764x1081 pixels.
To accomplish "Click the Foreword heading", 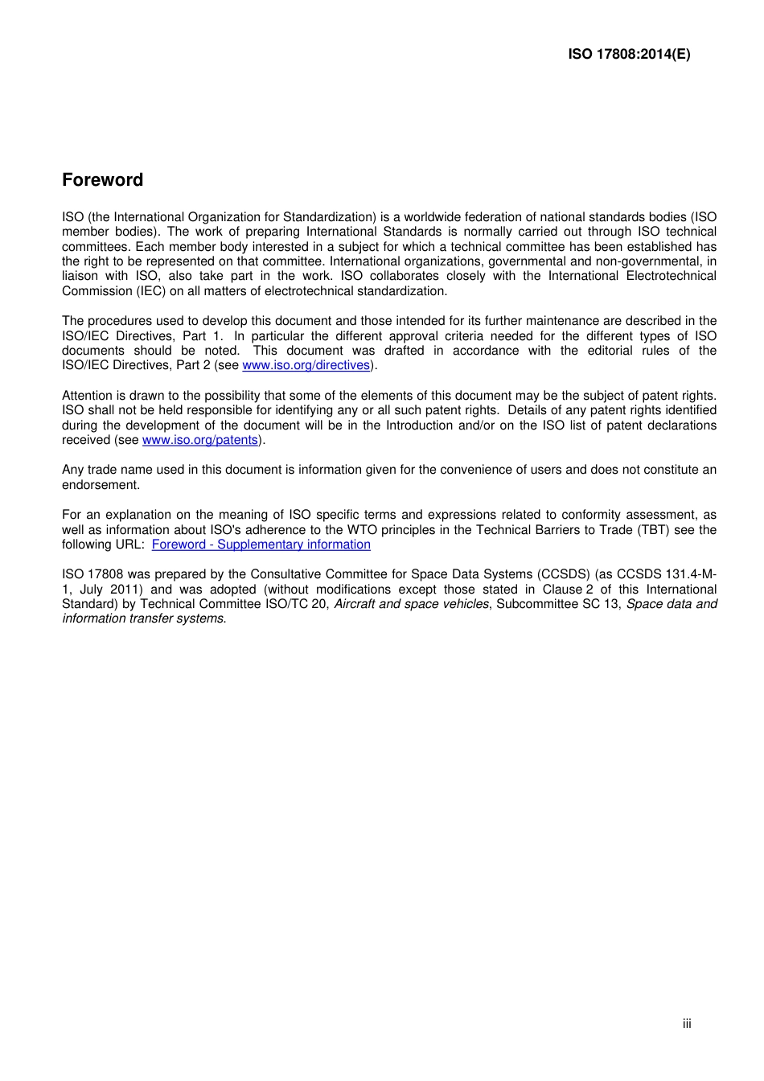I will pyautogui.click(x=102, y=180).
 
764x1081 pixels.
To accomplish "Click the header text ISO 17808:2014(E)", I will pyautogui.click(x=628, y=55).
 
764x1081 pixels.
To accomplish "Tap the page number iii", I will pyautogui.click(x=687, y=1024).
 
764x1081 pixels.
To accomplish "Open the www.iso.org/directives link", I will pyautogui.click(x=306, y=365).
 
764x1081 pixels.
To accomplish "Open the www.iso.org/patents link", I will pyautogui.click(x=200, y=440).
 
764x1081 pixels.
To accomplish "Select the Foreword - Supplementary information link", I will pyautogui.click(x=261, y=545).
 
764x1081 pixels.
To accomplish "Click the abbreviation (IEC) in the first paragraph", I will pyautogui.click(x=150, y=291).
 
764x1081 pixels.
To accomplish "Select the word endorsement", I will pyautogui.click(x=101, y=485).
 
